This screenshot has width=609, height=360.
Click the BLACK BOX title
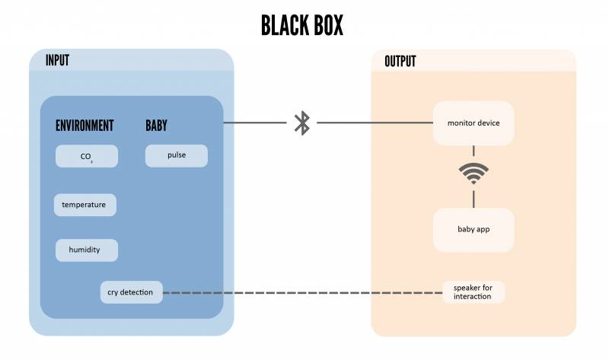tap(302, 25)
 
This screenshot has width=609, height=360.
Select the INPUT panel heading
tap(57, 61)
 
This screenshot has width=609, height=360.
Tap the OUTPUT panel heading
tap(400, 61)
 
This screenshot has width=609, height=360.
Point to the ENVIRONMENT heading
tap(84, 126)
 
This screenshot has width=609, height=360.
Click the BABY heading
tap(156, 126)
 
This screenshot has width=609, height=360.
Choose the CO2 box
tap(87, 156)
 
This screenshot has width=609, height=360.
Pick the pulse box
tap(177, 155)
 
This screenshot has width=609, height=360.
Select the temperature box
tap(84, 205)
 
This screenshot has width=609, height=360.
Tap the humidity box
tap(87, 250)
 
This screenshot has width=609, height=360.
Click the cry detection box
tap(131, 292)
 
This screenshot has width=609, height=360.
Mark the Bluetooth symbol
tap(302, 123)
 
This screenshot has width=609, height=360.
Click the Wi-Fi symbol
tap(473, 174)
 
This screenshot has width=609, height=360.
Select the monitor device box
tap(473, 123)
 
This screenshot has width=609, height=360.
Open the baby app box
tap(473, 228)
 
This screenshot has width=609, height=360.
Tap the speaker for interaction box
tap(473, 292)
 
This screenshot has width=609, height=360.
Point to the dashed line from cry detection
tap(304, 293)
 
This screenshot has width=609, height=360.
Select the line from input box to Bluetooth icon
tap(255, 123)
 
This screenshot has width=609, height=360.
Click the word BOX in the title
tap(324, 25)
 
